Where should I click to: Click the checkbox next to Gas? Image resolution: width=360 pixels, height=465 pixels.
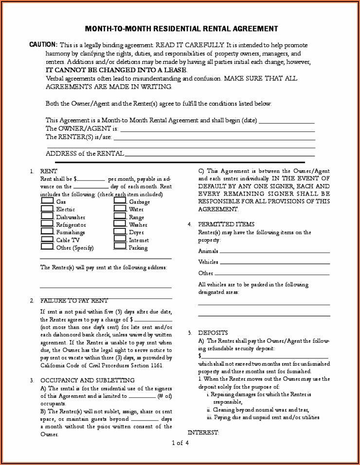(x=47, y=201)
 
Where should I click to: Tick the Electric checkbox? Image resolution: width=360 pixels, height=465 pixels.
(x=47, y=208)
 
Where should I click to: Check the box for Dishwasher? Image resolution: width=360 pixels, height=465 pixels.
(x=47, y=216)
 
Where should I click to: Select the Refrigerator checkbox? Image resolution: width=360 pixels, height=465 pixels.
(x=47, y=224)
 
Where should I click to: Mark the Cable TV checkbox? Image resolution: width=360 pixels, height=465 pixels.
(x=47, y=239)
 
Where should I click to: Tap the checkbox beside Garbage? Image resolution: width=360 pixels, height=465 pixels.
(x=120, y=201)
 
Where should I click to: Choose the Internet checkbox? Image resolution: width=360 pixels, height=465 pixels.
(x=120, y=239)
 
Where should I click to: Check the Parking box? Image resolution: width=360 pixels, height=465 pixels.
(x=120, y=247)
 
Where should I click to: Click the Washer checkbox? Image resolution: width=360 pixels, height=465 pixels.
(x=120, y=224)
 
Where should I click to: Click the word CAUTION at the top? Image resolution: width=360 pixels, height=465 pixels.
(x=43, y=44)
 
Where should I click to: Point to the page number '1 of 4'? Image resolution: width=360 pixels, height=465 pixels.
(x=180, y=443)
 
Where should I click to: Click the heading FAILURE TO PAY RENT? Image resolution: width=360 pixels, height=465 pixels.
(x=74, y=300)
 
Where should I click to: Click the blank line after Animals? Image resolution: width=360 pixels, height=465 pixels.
(x=275, y=252)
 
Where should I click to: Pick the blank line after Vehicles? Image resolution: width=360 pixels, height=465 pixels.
(x=275, y=262)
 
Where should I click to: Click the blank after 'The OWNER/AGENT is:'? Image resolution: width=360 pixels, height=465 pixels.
(x=217, y=130)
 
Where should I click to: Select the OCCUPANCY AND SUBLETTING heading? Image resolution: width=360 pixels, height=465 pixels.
(x=88, y=380)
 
